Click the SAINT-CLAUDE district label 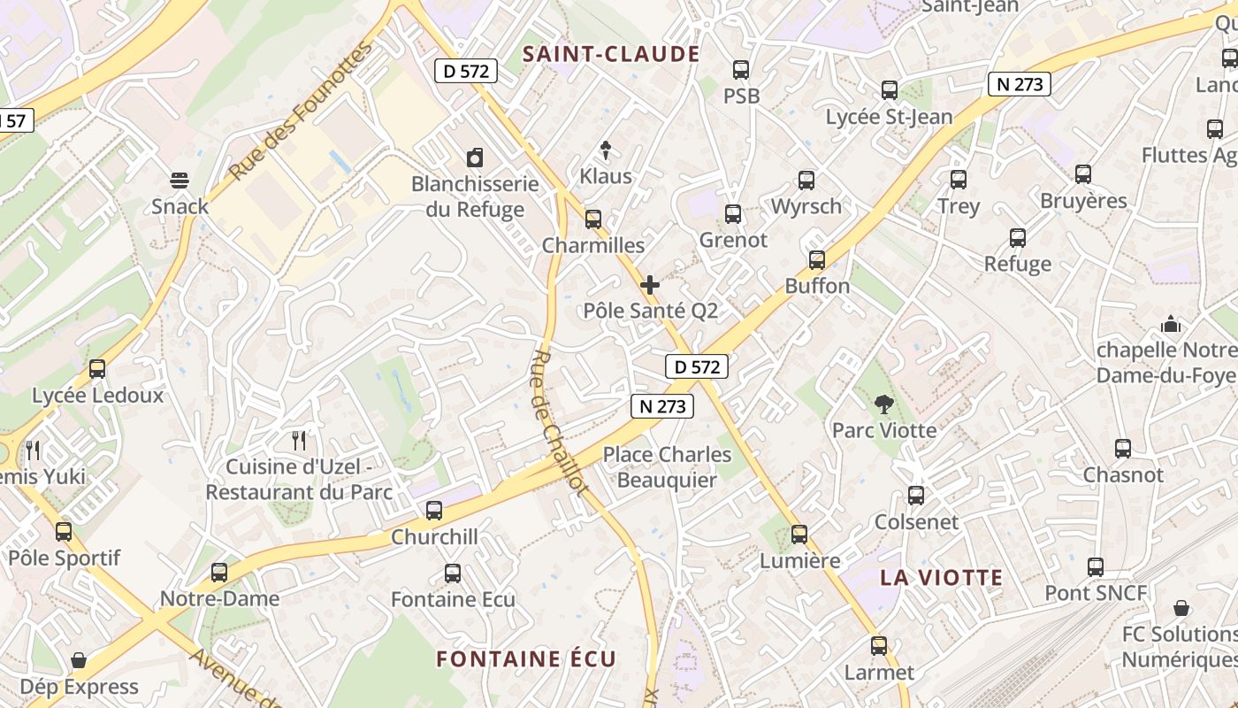point(611,54)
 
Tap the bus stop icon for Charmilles point(593,219)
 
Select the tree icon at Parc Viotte point(883,404)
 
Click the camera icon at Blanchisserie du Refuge point(475,158)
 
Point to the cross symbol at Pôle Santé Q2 point(650,285)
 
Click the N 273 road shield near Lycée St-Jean point(1020,84)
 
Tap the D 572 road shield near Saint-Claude point(466,71)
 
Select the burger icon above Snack point(180,181)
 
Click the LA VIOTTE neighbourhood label point(941,578)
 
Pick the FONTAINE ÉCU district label point(526,658)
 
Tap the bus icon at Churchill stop point(434,511)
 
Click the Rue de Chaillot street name point(559,423)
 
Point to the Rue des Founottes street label point(301,111)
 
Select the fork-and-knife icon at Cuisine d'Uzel point(299,440)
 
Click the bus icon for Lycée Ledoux point(97,369)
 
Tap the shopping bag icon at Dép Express point(79,660)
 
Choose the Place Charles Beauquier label point(667,466)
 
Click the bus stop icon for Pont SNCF point(1096,567)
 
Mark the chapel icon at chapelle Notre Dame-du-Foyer point(1171,324)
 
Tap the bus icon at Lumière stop point(799,535)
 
